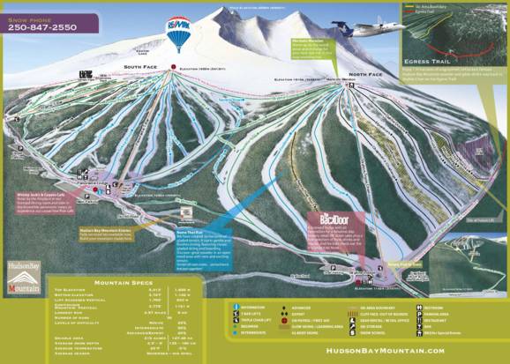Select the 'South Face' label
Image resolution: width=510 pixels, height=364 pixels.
pos(139,67)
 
